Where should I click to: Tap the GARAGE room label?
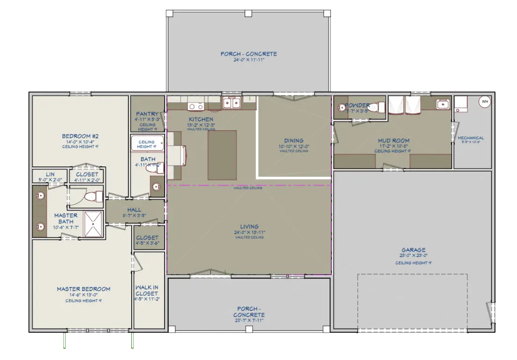413,250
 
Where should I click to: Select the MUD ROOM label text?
394,140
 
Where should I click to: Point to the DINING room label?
293,140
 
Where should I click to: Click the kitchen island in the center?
222,155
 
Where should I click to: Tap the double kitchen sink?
231,102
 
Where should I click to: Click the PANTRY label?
147,114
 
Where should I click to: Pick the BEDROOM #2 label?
80,136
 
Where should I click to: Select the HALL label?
134,210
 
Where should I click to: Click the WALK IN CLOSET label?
147,290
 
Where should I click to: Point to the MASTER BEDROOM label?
83,289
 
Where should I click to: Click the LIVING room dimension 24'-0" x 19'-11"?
249,232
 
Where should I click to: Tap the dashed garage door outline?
412,275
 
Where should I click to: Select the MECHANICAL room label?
471,138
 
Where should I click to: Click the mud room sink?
442,104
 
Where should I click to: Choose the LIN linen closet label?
50,174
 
